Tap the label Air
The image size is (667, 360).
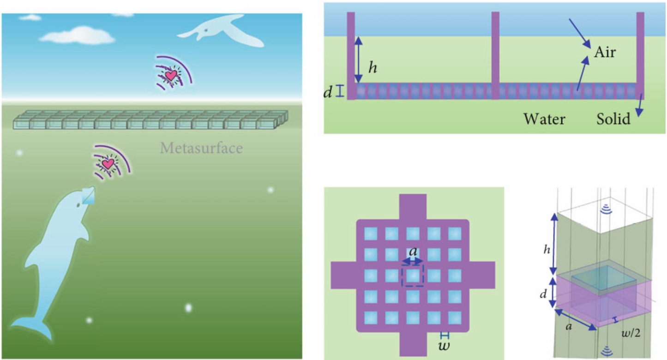(605, 52)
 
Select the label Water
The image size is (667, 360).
(544, 119)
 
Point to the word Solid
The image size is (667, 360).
(613, 119)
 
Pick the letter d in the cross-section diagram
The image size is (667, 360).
(328, 92)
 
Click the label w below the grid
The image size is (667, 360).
(444, 346)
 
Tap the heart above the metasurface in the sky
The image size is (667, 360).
(170, 76)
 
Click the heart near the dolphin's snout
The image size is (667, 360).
(108, 163)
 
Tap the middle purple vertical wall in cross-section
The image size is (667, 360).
(495, 55)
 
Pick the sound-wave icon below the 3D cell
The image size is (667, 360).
(606, 349)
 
